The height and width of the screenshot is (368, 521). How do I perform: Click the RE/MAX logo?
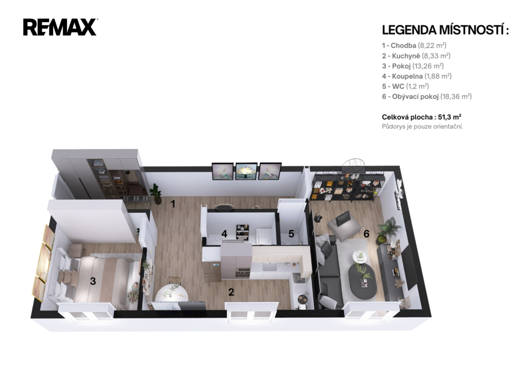click(x=60, y=27)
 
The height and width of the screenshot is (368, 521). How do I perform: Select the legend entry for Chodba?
click(x=414, y=45)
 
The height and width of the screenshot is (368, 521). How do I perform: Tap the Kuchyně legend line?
click(x=416, y=56)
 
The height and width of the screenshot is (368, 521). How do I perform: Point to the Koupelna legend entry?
click(x=417, y=76)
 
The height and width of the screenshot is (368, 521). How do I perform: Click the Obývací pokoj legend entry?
click(x=427, y=96)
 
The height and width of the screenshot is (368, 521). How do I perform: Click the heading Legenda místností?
click(x=445, y=30)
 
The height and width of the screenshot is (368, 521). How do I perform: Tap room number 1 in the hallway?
click(x=173, y=204)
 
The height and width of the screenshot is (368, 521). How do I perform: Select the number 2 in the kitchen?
click(x=231, y=292)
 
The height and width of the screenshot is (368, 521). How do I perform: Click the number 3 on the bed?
click(x=93, y=281)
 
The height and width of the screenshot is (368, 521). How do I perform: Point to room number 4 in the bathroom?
click(x=224, y=234)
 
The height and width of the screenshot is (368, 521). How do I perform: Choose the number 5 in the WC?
click(x=291, y=234)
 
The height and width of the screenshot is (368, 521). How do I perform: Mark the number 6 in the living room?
click(x=366, y=234)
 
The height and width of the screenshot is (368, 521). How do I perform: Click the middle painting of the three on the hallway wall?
click(x=246, y=172)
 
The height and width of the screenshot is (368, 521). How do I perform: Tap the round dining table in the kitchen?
click(x=172, y=293)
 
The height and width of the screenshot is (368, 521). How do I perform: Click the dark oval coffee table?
click(x=362, y=282)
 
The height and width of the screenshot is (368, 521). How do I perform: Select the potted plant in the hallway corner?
click(x=156, y=193)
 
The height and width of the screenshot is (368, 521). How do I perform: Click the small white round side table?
click(x=360, y=257)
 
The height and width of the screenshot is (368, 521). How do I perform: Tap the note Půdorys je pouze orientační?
click(x=422, y=127)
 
